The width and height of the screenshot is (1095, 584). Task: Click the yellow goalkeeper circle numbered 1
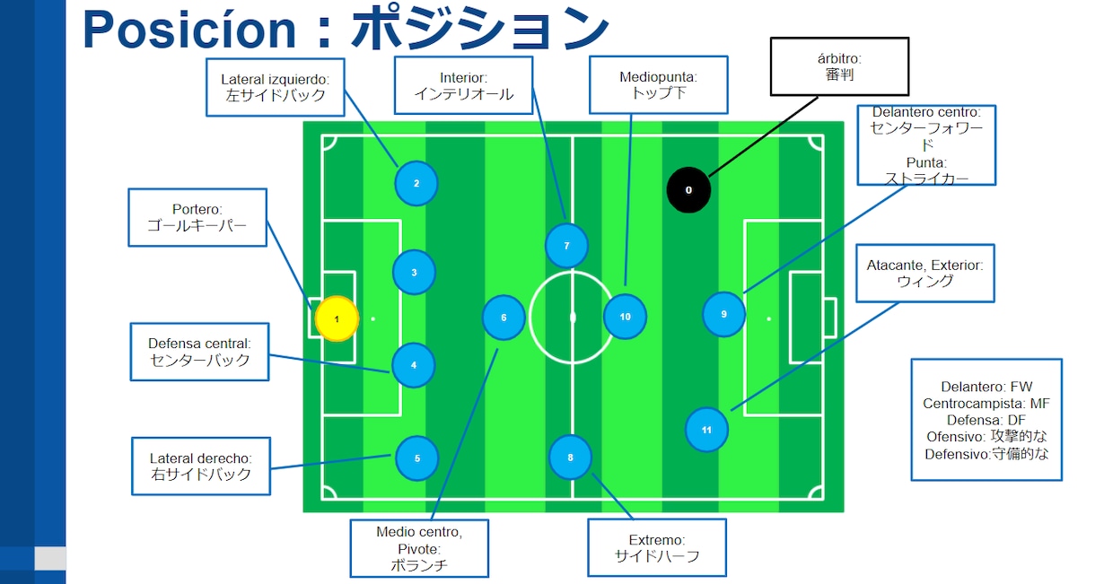[x=337, y=318]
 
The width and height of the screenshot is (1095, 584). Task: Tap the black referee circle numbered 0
[x=688, y=190]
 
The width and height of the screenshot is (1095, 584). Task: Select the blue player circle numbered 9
[x=724, y=315]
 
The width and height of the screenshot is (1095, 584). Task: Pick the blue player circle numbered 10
[x=625, y=317]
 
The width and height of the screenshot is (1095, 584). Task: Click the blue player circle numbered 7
[x=566, y=246]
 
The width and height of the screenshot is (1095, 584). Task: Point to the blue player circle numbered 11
[x=706, y=430]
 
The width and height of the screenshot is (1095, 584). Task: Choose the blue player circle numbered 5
[x=416, y=458]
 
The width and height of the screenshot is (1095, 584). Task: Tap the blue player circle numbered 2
[x=416, y=184]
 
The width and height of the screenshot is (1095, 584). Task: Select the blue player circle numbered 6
[x=504, y=318]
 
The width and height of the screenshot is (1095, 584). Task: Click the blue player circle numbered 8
[x=570, y=458]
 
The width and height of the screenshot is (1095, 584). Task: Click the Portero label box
[x=197, y=217]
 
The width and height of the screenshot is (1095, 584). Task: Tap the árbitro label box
[x=839, y=66]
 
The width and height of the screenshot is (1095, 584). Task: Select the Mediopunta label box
[x=658, y=85]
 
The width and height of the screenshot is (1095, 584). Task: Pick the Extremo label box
[x=656, y=548]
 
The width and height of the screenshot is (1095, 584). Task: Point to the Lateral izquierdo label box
[x=275, y=87]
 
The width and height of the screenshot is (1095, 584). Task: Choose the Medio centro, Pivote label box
[x=419, y=548]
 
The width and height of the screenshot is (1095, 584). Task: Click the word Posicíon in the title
[x=189, y=29]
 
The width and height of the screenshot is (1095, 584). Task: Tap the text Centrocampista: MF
[x=986, y=404]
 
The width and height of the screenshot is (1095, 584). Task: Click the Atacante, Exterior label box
[x=924, y=273]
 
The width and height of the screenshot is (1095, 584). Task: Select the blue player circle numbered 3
[x=414, y=273]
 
